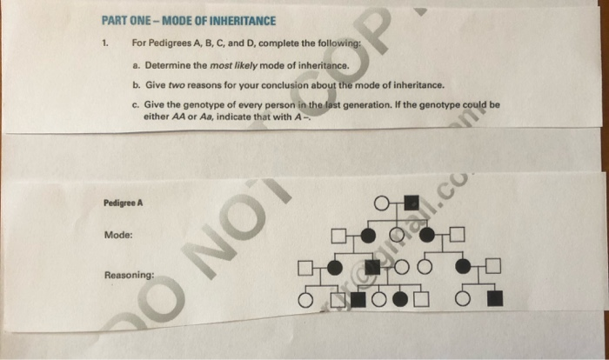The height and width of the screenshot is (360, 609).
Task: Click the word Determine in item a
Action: coord(169,64)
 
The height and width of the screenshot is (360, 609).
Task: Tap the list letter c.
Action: coord(136,104)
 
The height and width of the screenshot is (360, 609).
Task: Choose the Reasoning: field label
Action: coord(130,275)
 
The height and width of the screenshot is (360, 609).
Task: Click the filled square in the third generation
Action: coord(371,267)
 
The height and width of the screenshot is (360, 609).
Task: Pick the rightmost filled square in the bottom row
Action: coord(495,300)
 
